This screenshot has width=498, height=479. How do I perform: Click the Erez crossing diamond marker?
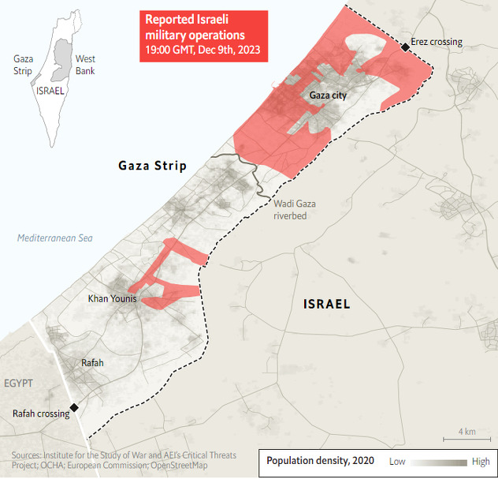pos(405,47)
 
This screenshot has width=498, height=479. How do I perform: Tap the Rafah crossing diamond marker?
pos(73,407)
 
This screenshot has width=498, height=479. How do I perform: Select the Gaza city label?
pos(328,95)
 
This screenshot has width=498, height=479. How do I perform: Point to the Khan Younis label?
pos(113,299)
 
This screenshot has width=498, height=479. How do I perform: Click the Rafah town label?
pos(92,363)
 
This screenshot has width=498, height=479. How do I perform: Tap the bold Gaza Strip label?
pos(152,166)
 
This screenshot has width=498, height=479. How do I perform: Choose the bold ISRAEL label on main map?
pos(327,304)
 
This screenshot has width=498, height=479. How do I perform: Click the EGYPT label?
pos(18,384)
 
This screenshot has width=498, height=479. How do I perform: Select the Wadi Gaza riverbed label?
pos(295,209)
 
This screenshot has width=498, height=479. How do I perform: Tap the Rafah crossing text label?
pos(41,414)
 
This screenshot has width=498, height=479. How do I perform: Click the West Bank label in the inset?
pos(85,65)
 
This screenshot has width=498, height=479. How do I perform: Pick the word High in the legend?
pos(481,462)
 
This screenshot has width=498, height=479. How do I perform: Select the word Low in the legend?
pos(398,462)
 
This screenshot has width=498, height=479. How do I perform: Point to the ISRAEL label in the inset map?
pos(50,91)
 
